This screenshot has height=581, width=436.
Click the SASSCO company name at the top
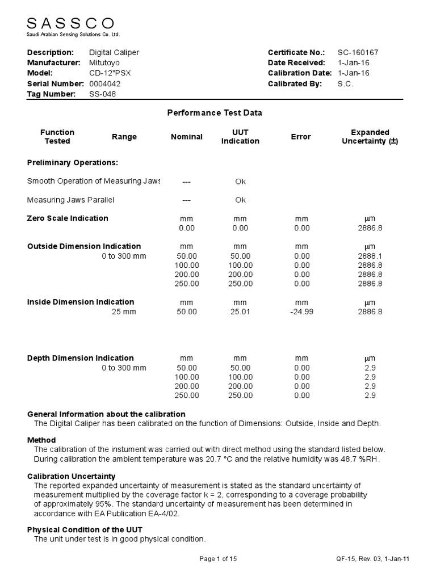71,23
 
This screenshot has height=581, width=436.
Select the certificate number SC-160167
358,53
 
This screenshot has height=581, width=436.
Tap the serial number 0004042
105,84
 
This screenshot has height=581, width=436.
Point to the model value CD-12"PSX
110,74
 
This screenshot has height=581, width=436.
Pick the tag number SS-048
103,94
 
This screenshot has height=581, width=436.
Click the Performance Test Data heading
215,113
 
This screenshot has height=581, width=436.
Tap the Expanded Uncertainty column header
370,137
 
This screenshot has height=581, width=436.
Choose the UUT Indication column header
240,137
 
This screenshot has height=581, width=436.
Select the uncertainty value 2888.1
370,256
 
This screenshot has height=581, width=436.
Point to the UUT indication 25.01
240,311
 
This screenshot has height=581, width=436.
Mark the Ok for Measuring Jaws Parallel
240,200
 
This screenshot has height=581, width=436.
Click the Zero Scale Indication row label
68,218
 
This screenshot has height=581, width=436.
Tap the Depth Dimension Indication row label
81,358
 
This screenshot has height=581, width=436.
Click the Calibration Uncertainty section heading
72,476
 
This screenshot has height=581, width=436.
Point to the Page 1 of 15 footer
218,559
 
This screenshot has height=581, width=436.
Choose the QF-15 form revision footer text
372,559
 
